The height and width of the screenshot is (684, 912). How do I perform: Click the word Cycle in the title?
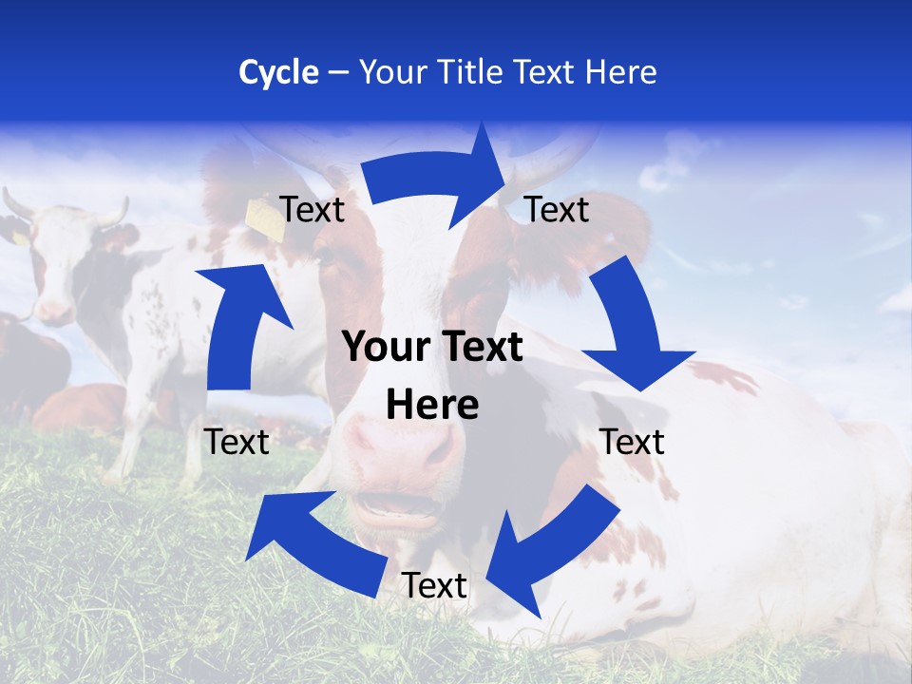coord(277,72)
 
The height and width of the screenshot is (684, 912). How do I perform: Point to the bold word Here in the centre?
coord(432,406)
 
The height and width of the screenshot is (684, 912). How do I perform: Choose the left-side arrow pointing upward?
coord(234,323)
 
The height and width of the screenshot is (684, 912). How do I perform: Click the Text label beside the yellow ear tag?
coord(312,209)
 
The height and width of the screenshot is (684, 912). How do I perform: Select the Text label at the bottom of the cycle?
coord(434,586)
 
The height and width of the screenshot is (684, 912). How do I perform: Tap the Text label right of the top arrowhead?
coord(557,209)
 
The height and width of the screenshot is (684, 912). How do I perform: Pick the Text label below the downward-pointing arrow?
coord(632,442)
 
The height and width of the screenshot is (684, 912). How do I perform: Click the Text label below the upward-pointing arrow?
coord(237,442)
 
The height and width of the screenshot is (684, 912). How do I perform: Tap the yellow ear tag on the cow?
coord(260,216)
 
